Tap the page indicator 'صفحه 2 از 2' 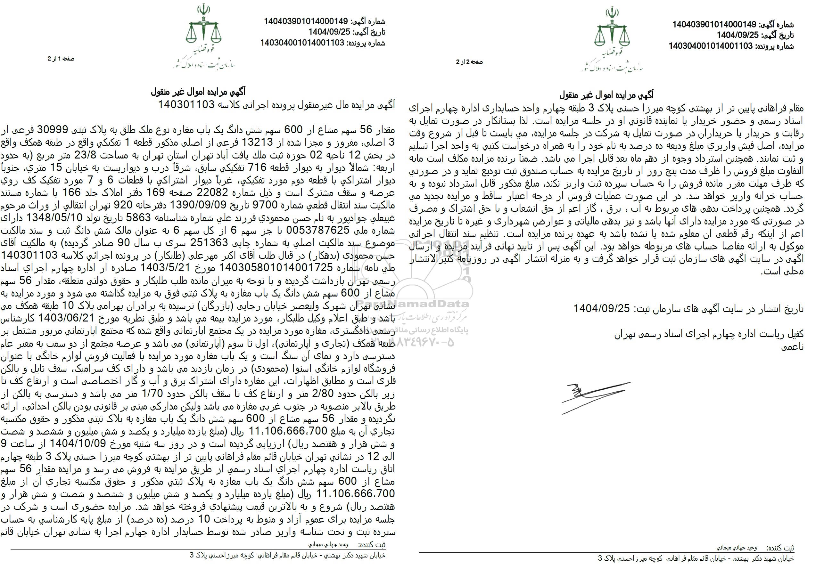point(469,62)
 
